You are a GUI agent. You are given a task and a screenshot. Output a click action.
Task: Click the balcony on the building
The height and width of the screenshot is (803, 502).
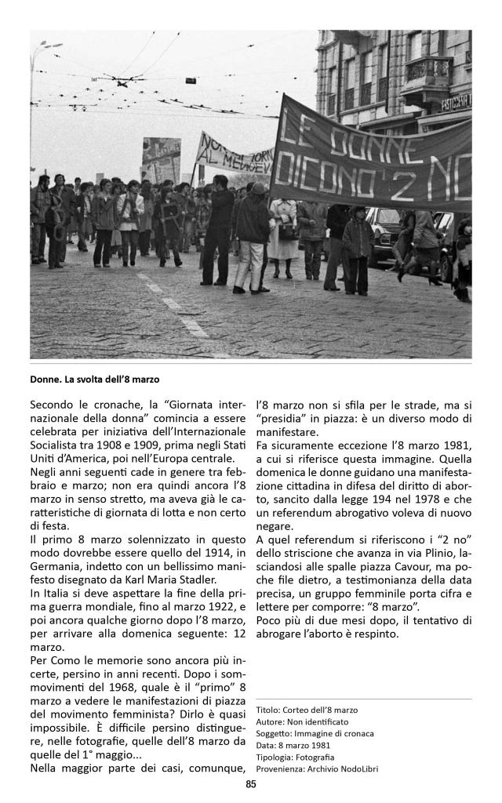click(427, 74)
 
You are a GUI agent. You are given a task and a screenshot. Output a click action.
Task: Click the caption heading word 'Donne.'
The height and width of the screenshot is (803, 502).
click(45, 380)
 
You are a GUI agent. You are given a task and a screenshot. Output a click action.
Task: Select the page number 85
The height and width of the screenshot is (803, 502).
click(251, 783)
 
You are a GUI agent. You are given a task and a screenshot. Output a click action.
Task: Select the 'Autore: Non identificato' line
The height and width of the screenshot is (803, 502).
click(302, 721)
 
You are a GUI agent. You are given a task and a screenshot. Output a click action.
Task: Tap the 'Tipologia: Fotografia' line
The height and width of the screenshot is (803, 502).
click(295, 757)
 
